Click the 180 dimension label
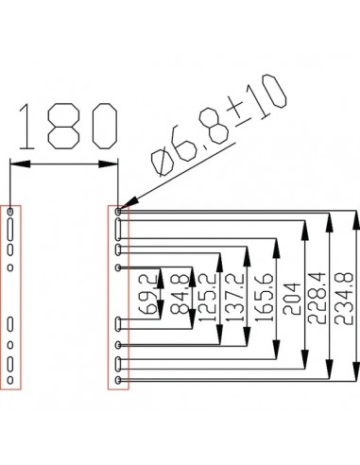68,126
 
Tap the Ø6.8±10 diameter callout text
218,125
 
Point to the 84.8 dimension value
180,294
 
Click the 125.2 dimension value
208,297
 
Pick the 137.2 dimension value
235,297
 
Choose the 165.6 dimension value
264,297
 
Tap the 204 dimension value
292,299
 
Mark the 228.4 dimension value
316,298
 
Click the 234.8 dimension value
344,298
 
